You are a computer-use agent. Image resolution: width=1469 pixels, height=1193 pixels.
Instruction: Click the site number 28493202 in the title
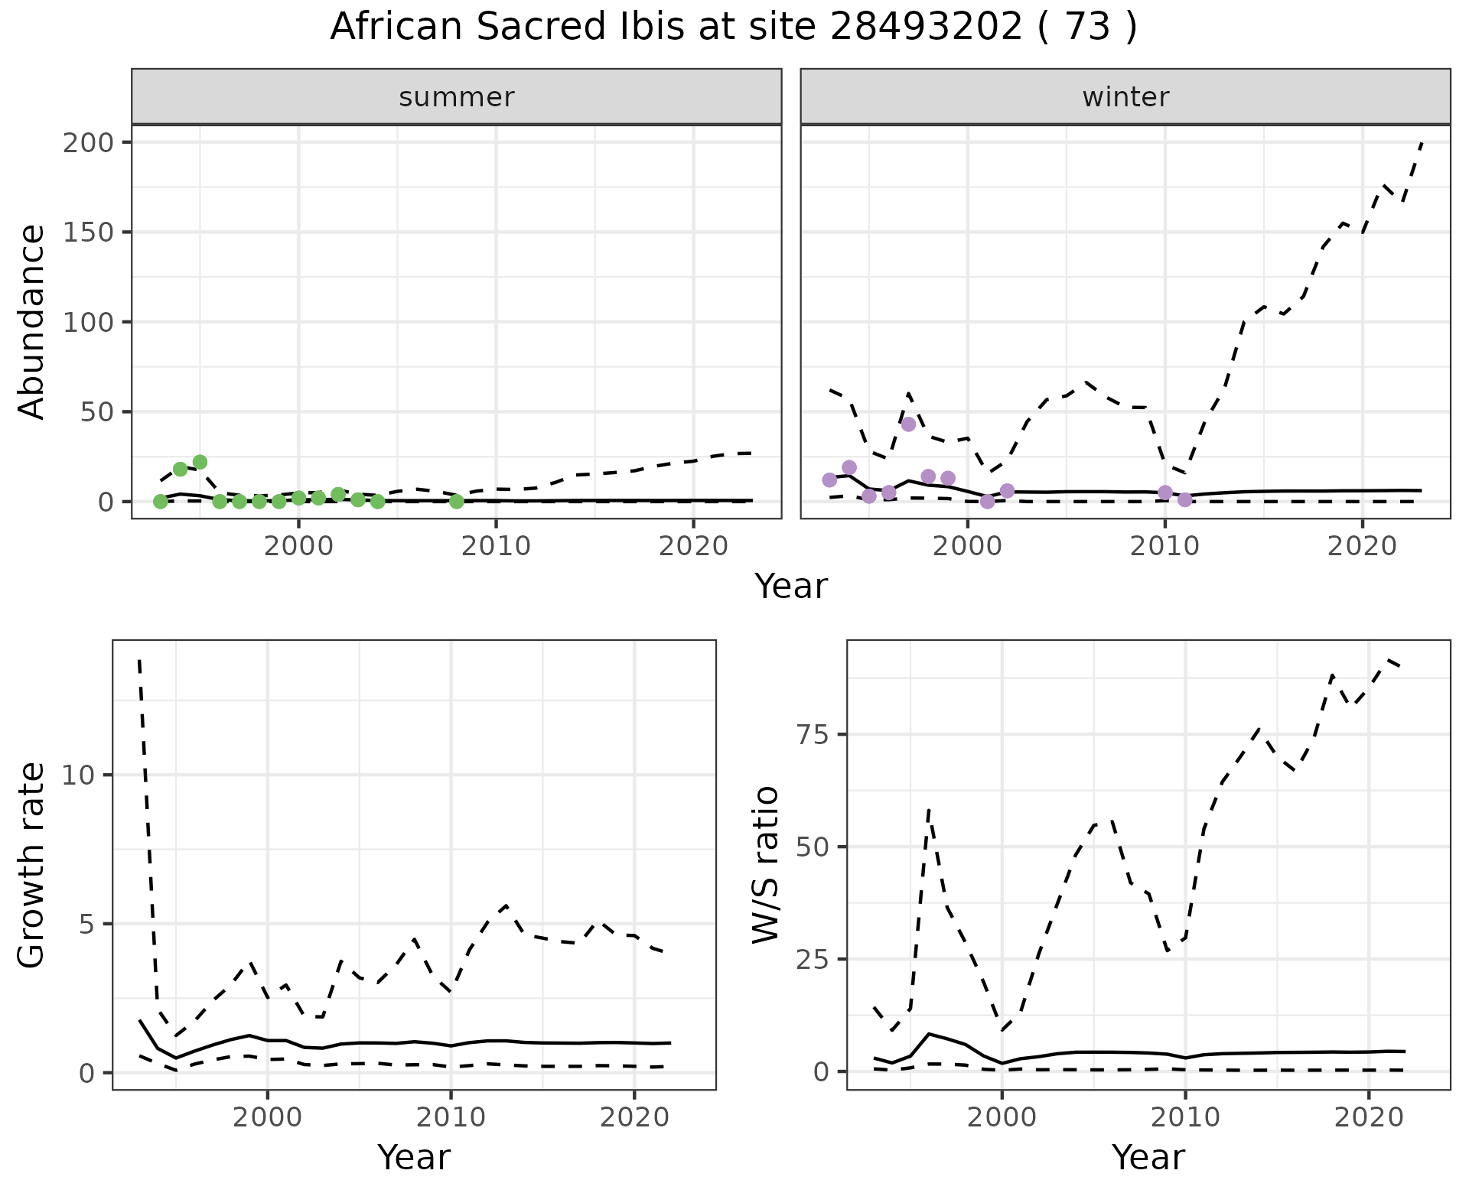tap(926, 28)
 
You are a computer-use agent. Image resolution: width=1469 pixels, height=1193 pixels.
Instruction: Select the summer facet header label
tap(457, 97)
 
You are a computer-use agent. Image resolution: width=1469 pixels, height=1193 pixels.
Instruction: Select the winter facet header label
tap(1125, 97)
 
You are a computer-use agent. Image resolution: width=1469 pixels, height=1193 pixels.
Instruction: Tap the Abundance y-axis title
tap(32, 321)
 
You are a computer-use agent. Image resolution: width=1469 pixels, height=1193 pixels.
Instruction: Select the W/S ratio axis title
tap(765, 865)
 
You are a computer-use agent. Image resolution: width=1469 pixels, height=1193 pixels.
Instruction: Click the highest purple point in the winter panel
tap(908, 424)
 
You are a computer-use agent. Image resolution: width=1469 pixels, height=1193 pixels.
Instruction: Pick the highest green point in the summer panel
tap(200, 462)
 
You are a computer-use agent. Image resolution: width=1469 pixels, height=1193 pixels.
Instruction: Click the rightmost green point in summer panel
tap(457, 502)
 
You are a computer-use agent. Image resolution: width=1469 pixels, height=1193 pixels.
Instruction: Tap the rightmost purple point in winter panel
tap(1185, 500)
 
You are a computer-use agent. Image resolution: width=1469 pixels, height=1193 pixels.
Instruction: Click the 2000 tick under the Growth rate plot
tap(267, 1117)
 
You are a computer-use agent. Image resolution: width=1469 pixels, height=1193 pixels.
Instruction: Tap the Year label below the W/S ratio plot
tap(1148, 1158)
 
